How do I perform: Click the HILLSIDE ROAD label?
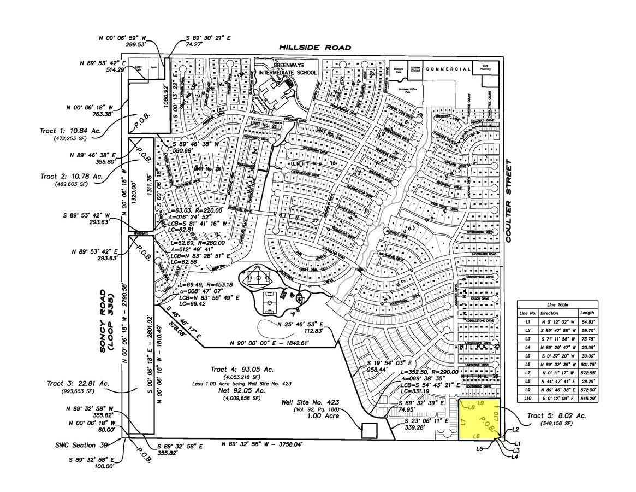pyautogui.click(x=314, y=48)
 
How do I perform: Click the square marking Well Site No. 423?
pyautogui.click(x=368, y=431)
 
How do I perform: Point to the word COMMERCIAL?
pyautogui.click(x=448, y=69)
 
